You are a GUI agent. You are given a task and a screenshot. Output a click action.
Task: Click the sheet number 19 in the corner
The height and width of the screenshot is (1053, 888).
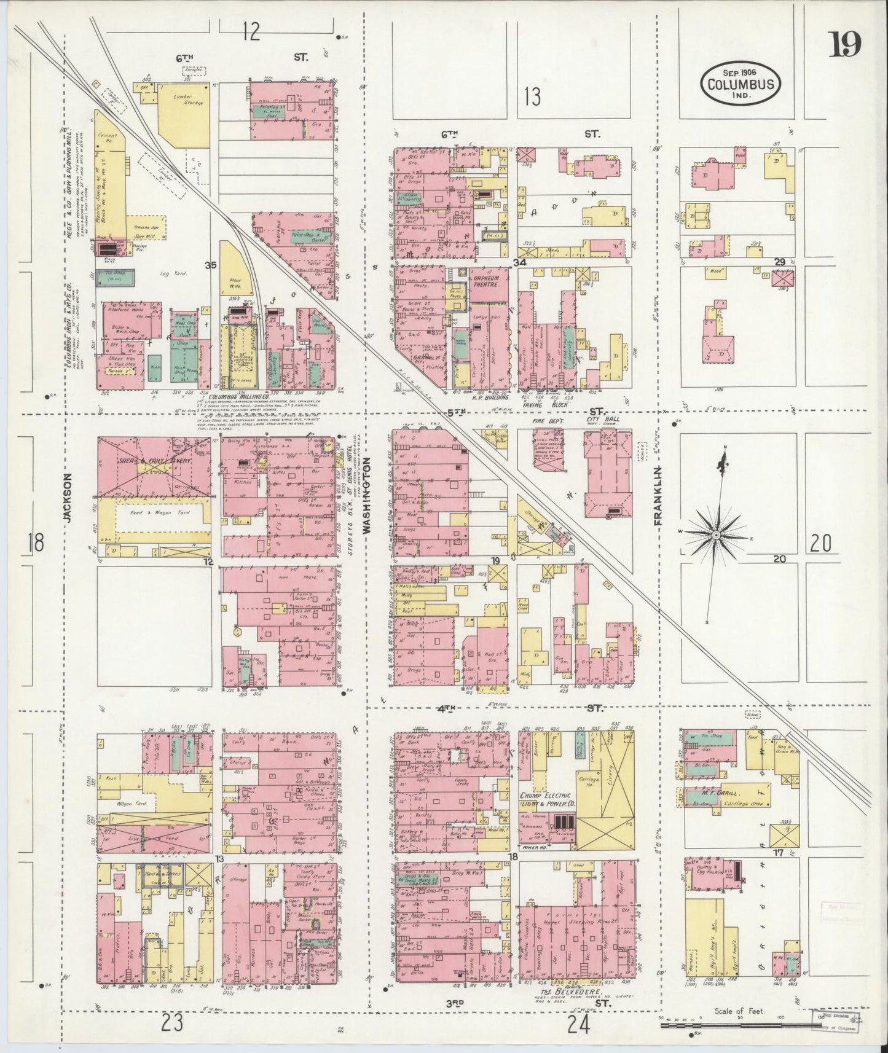(x=845, y=44)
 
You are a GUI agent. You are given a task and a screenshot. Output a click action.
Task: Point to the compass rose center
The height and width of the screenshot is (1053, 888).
(x=716, y=536)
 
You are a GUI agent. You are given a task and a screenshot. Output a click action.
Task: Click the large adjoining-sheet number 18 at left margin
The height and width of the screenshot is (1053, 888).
(x=36, y=543)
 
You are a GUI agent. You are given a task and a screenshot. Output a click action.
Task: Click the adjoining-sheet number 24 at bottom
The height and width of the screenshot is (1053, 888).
(x=578, y=1024)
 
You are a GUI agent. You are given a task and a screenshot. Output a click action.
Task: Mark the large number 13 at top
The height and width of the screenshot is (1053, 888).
(x=533, y=96)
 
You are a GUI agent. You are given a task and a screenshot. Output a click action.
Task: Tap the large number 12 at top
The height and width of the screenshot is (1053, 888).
(x=250, y=31)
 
